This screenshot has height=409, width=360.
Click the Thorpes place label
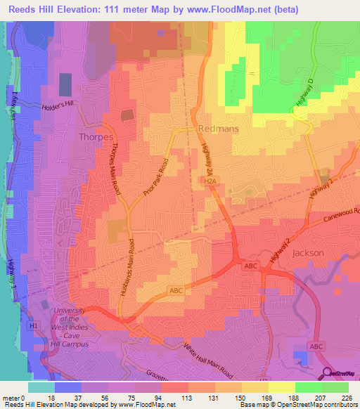(x=96, y=137)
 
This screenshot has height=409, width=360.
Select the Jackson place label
(x=307, y=252)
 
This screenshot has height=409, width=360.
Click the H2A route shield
(x=210, y=181)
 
